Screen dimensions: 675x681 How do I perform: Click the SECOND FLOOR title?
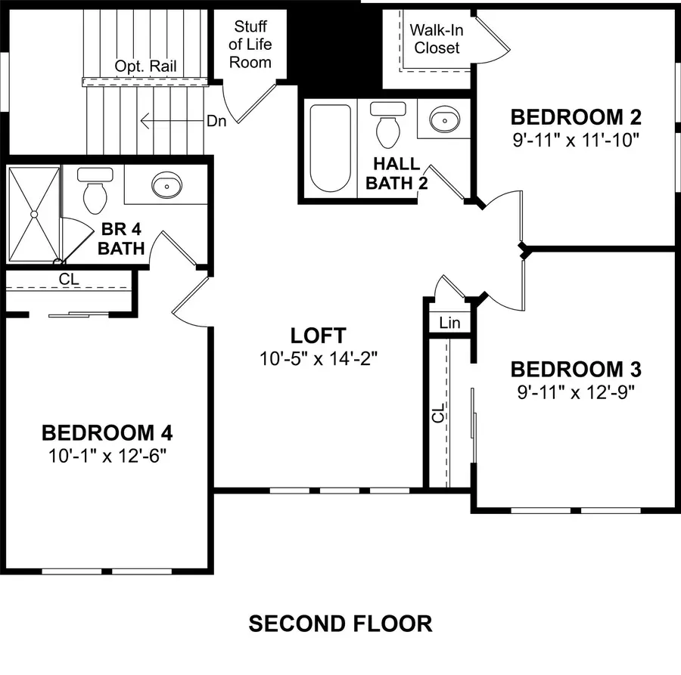pyautogui.click(x=340, y=624)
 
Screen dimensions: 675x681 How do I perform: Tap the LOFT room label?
pyautogui.click(x=318, y=335)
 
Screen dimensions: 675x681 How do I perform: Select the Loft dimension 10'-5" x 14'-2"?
pyautogui.click(x=318, y=358)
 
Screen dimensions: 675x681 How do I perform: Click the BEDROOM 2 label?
pyautogui.click(x=576, y=117)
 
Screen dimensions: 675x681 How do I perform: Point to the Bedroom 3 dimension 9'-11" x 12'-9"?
pyautogui.click(x=576, y=392)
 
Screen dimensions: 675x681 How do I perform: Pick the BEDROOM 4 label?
pyautogui.click(x=107, y=433)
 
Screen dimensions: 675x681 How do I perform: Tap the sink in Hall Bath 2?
pyautogui.click(x=443, y=119)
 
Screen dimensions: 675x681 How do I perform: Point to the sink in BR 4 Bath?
pyautogui.click(x=166, y=185)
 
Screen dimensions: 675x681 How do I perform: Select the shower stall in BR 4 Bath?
pyautogui.click(x=33, y=214)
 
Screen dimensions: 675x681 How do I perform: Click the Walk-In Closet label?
pyautogui.click(x=435, y=39)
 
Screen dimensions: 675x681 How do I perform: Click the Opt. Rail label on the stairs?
pyautogui.click(x=145, y=67)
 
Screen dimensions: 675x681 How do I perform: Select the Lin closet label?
pyautogui.click(x=449, y=323)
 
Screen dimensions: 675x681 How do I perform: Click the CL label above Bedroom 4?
pyautogui.click(x=69, y=279)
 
